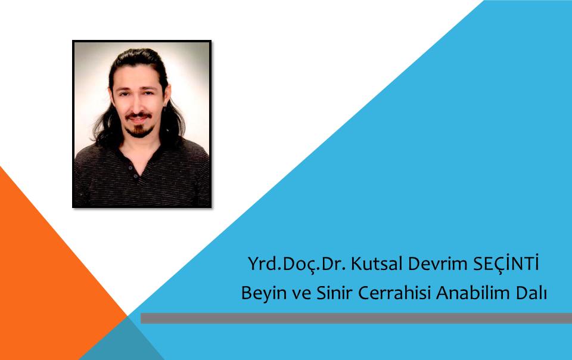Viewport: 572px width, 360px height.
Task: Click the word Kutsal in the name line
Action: (x=377, y=263)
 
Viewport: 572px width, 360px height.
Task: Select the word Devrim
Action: (x=438, y=263)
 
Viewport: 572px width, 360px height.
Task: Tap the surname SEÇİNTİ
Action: (x=506, y=263)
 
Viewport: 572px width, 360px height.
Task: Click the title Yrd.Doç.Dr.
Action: (x=297, y=264)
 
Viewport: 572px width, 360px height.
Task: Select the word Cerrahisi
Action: (x=394, y=293)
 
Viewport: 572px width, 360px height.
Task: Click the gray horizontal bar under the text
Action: (x=356, y=318)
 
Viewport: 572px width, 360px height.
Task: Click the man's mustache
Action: (x=139, y=116)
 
